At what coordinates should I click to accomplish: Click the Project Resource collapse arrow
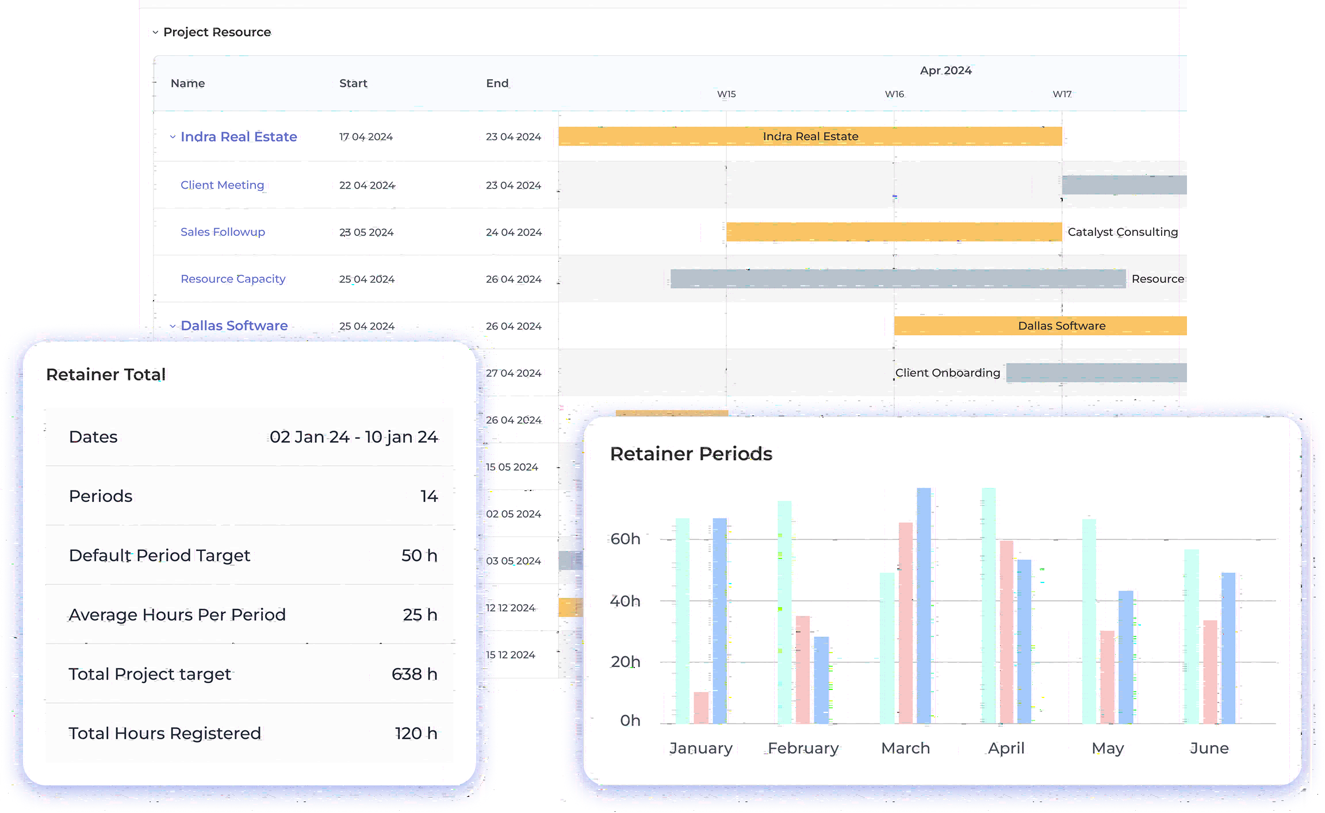155,32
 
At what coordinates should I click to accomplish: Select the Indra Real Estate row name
238,137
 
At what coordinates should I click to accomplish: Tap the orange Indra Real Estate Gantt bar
810,136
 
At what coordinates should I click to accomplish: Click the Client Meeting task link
222,185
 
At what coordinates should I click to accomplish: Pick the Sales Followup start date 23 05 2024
366,232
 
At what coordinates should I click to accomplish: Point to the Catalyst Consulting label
1122,232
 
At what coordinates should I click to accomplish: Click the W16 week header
894,94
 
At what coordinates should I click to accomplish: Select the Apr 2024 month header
945,70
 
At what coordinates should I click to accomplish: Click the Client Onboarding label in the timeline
947,373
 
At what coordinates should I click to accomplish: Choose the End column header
497,83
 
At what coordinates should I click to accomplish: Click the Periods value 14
429,496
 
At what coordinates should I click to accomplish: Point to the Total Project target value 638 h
414,674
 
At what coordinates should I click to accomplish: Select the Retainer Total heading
106,374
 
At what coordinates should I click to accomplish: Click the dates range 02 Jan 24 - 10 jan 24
354,437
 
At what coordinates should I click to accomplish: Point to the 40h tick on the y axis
625,601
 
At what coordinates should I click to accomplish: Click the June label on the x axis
1209,748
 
